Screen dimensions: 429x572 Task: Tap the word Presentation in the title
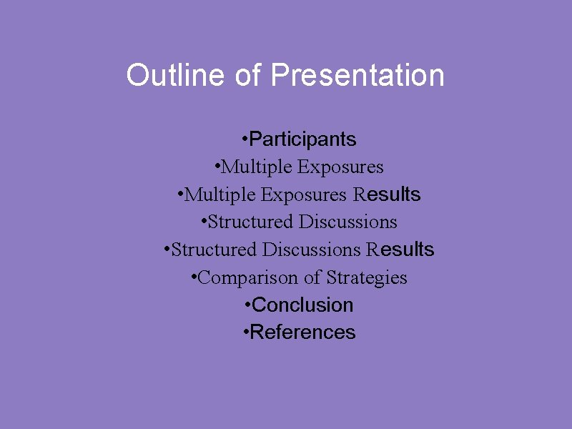coord(357,75)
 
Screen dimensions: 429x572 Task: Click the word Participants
coord(302,139)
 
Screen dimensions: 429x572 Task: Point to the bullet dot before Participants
coord(245,138)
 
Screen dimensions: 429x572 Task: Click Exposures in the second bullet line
coord(340,167)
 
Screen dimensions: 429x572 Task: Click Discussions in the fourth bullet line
coord(348,222)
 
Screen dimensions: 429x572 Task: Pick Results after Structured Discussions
coord(400,250)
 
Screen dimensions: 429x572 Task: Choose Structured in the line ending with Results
coord(214,250)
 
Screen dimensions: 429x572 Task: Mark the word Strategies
coord(367,277)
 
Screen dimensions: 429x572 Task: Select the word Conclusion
coord(302,305)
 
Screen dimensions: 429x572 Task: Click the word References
coord(302,332)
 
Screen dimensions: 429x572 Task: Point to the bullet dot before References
coord(246,332)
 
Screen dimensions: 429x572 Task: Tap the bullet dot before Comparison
coord(194,277)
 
